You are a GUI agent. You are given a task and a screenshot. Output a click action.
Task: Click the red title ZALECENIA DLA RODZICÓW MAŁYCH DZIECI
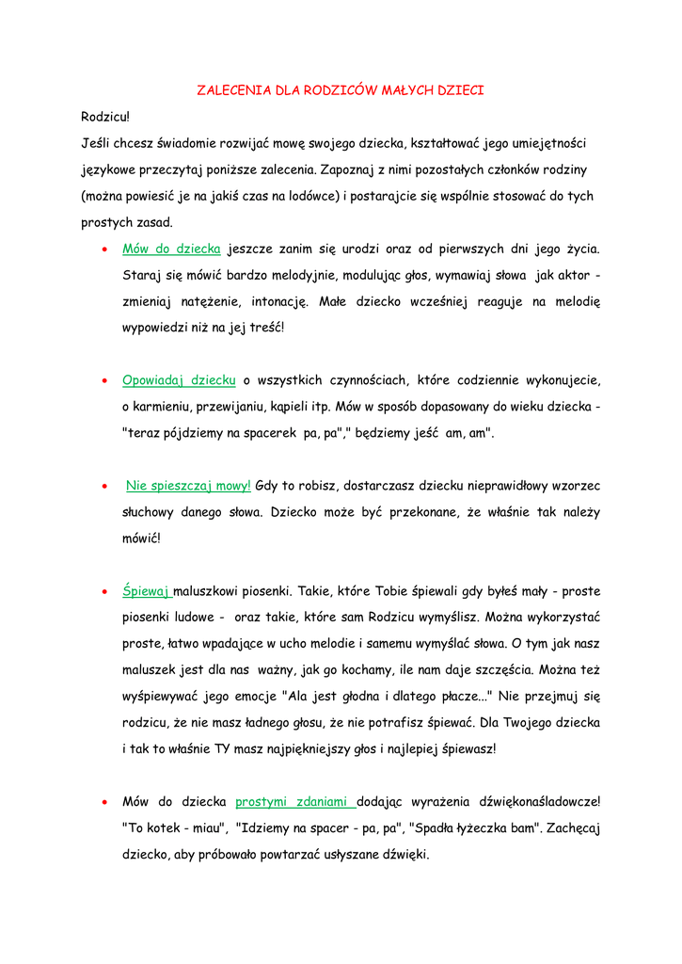click(x=340, y=91)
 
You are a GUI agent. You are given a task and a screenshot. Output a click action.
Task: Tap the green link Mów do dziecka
click(x=171, y=249)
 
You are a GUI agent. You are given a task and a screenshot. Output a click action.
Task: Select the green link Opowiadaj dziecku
click(x=179, y=380)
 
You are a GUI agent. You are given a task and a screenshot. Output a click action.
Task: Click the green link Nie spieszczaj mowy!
click(x=188, y=486)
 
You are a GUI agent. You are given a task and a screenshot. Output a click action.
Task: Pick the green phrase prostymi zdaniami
click(x=295, y=802)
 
